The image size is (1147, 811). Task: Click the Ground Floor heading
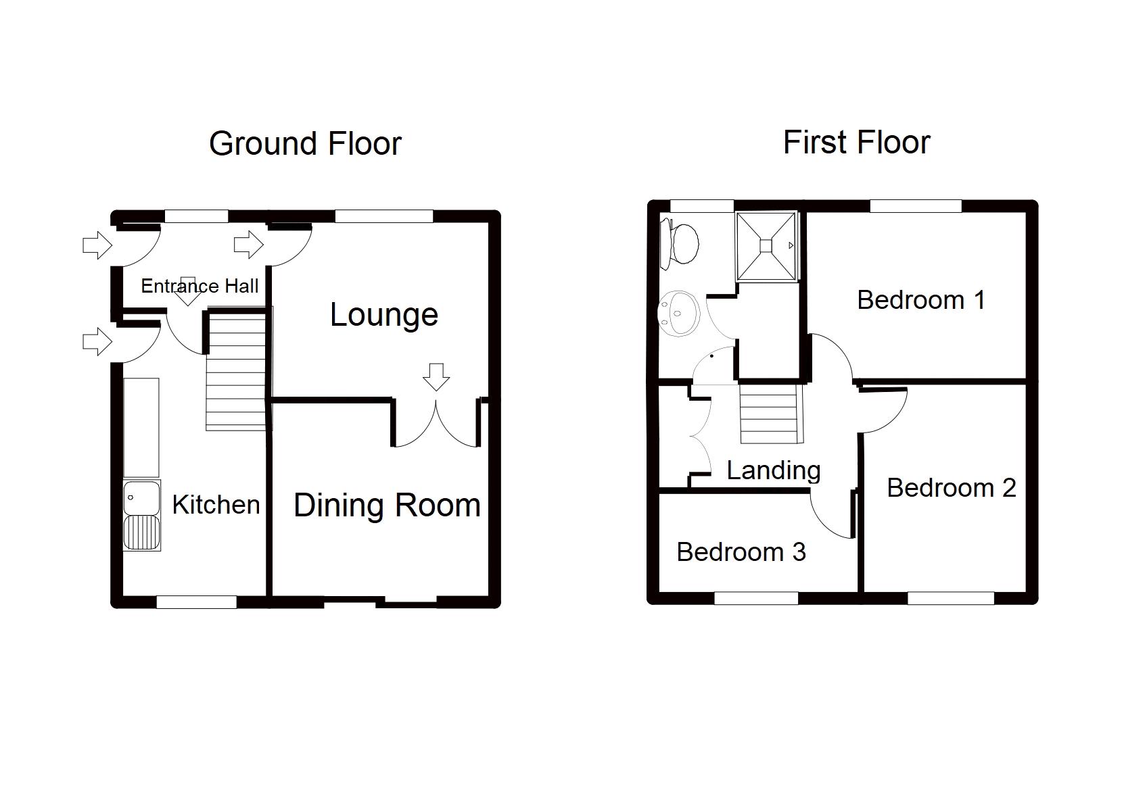pyautogui.click(x=305, y=144)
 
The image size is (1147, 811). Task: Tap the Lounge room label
pyautogui.click(x=384, y=315)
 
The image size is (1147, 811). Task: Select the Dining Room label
pyautogui.click(x=387, y=506)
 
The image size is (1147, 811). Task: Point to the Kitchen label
pyautogui.click(x=216, y=505)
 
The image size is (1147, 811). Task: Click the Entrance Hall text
pyautogui.click(x=200, y=286)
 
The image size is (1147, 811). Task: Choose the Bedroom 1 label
pyautogui.click(x=921, y=300)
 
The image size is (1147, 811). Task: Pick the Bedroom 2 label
pyautogui.click(x=952, y=488)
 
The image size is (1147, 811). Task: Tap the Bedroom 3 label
pyautogui.click(x=741, y=552)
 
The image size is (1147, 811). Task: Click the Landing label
pyautogui.click(x=774, y=471)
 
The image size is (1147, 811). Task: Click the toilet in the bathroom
pyautogui.click(x=680, y=244)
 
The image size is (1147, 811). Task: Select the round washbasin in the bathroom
pyautogui.click(x=679, y=313)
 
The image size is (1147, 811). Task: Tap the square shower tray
pyautogui.click(x=766, y=246)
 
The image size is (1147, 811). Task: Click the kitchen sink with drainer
pyautogui.click(x=142, y=515)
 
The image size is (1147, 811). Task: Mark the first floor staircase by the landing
pyautogui.click(x=771, y=414)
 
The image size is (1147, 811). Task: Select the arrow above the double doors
pyautogui.click(x=436, y=377)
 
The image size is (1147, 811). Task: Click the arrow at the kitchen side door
pyautogui.click(x=97, y=341)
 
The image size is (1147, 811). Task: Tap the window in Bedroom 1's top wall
pyautogui.click(x=916, y=205)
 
